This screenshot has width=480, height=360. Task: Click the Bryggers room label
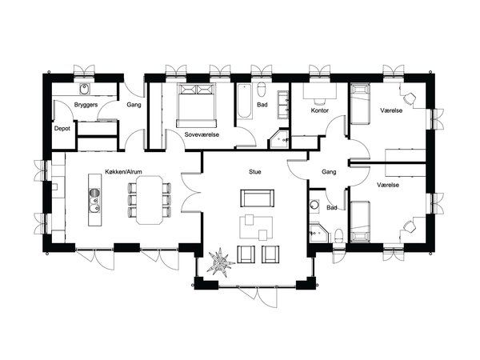(x=86, y=105)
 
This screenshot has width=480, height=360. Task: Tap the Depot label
(x=62, y=129)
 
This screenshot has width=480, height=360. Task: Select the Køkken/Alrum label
(x=123, y=172)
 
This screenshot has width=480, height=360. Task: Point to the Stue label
(x=255, y=172)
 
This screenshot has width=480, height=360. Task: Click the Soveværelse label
(x=202, y=134)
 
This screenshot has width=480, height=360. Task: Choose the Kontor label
(x=319, y=110)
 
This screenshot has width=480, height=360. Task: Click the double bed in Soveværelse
(x=197, y=106)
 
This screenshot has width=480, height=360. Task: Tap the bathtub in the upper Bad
(x=245, y=102)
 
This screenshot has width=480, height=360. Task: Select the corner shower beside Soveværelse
(x=279, y=139)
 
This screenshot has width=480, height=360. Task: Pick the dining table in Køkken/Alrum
(x=150, y=200)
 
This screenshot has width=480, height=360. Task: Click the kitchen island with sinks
(x=94, y=200)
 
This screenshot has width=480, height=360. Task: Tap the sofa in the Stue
(x=257, y=198)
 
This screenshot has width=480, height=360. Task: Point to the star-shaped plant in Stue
(x=220, y=262)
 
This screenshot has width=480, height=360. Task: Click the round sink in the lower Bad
(x=314, y=205)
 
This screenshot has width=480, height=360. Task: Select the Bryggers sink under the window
(x=84, y=89)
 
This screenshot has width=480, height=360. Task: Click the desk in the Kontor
(x=319, y=91)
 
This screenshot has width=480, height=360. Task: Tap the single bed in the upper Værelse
(x=360, y=105)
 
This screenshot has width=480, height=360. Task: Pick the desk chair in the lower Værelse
(x=409, y=227)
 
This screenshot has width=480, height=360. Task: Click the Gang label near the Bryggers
(x=134, y=105)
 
